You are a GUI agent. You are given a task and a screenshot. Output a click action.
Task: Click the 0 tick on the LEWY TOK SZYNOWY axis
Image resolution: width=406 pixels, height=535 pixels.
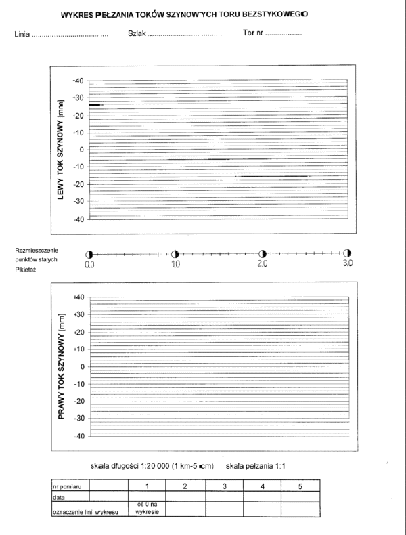tap(81, 150)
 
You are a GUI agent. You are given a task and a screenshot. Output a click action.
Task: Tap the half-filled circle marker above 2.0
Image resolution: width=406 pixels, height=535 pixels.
tap(263, 253)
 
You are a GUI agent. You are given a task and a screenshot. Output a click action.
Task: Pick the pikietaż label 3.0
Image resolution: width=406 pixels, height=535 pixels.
tap(348, 264)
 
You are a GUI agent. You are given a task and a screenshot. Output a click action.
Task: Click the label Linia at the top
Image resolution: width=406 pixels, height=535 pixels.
tap(22, 34)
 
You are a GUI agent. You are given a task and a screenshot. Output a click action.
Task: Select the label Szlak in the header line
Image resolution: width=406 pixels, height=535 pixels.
tap(136, 33)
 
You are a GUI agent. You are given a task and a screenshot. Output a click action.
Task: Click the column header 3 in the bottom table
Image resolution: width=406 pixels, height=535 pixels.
tap(223, 486)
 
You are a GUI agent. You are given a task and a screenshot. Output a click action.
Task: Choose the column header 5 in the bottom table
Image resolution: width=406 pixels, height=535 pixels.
tap(299, 486)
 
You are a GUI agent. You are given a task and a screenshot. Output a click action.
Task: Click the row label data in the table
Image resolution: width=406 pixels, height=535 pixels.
tap(59, 496)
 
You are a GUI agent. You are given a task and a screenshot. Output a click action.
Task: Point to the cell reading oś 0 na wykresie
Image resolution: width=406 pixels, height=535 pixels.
tap(147, 509)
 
